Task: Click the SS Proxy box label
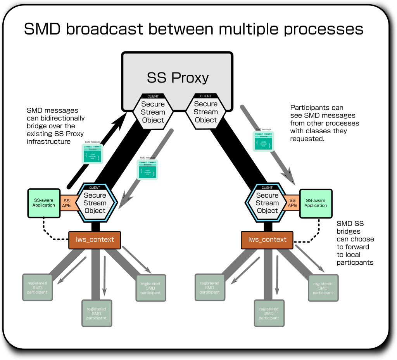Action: pyautogui.click(x=178, y=78)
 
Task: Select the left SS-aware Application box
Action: pyautogui.click(x=43, y=203)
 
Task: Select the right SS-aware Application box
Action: pyautogui.click(x=316, y=203)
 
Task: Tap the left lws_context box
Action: pyautogui.click(x=95, y=240)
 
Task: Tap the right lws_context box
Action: pyautogui.click(x=268, y=240)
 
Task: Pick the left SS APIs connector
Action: pyautogui.click(x=67, y=203)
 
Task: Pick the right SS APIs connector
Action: pyautogui.click(x=292, y=203)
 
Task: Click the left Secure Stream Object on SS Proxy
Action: pyautogui.click(x=153, y=112)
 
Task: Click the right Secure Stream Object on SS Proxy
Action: pyautogui.click(x=206, y=112)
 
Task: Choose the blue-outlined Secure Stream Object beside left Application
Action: pyautogui.click(x=95, y=203)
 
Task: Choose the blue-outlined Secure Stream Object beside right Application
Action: pyautogui.click(x=267, y=203)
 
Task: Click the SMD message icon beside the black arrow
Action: pyautogui.click(x=93, y=153)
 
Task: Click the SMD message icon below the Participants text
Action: pyautogui.click(x=264, y=141)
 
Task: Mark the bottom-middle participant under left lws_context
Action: pyautogui.click(x=97, y=313)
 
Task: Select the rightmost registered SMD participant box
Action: pyautogui.click(x=323, y=288)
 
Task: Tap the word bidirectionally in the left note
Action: pyautogui.click(x=55, y=118)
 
